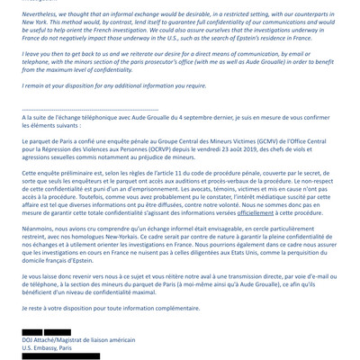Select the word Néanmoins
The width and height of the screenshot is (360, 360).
[41, 229]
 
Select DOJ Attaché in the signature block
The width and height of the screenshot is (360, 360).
[44, 340]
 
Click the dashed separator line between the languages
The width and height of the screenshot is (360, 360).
[90, 110]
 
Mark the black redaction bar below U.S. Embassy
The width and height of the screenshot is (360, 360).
[61, 356]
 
